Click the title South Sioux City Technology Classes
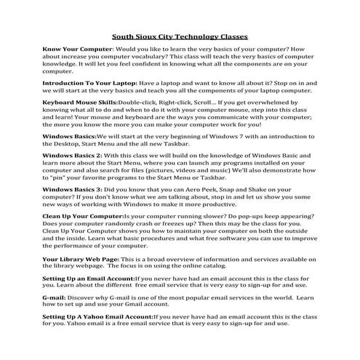(x=180, y=34)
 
